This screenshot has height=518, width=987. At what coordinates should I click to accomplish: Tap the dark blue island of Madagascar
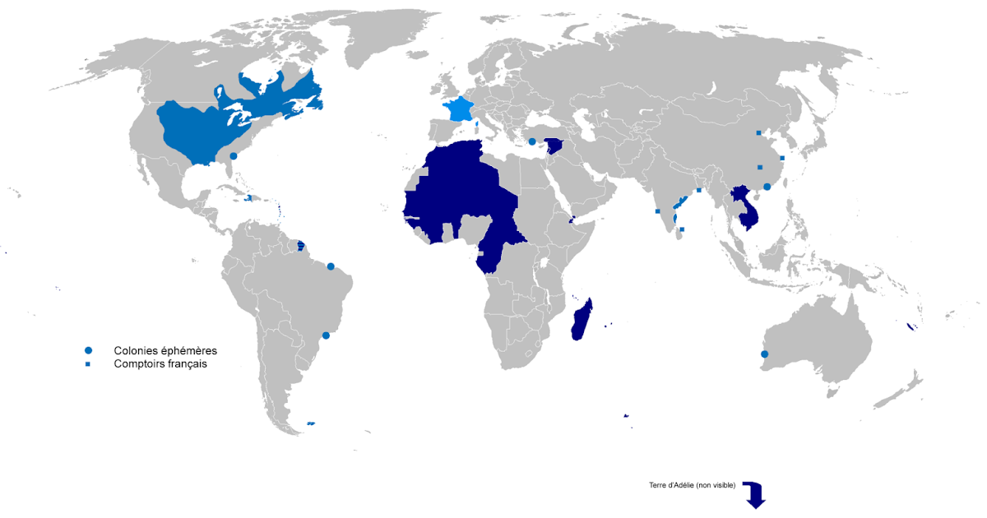580,321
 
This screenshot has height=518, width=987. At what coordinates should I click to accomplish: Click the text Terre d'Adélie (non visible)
692,485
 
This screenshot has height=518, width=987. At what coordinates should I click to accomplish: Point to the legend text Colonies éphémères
165,350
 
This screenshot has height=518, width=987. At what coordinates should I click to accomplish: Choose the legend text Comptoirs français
160,363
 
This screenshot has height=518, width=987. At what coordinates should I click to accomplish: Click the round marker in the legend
88,350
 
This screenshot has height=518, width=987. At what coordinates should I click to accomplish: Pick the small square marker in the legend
88,363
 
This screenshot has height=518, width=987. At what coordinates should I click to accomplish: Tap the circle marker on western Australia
765,354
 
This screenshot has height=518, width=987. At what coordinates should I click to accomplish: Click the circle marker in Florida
234,155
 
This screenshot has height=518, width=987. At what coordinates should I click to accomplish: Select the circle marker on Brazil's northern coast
331,266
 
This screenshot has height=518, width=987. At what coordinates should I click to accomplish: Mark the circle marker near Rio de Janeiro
326,335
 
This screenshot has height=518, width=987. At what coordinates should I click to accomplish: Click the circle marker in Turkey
532,141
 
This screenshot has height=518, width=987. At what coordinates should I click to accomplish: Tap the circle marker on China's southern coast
767,187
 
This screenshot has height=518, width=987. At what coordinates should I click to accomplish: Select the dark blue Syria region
554,146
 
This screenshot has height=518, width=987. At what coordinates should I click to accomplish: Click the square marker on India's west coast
657,211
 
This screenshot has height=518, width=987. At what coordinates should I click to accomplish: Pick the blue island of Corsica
477,125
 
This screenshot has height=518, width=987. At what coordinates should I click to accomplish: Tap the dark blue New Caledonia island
911,327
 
